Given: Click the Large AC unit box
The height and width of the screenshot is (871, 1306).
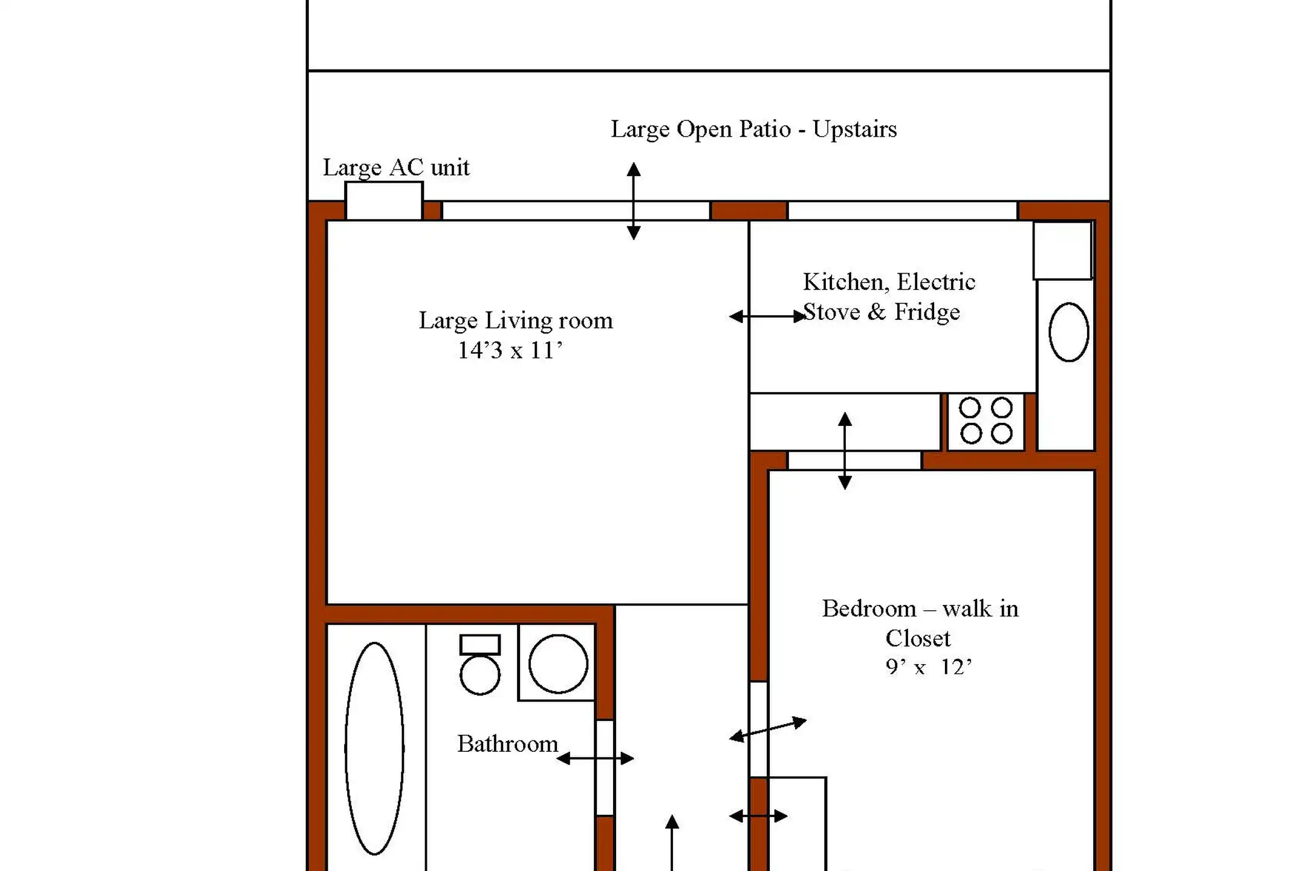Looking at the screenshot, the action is point(383,201).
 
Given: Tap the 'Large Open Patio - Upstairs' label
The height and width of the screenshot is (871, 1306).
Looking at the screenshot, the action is point(753,129).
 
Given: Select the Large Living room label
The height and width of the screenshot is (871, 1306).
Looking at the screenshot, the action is point(516,321).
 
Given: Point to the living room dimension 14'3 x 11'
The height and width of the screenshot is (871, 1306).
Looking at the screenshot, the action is point(510,350).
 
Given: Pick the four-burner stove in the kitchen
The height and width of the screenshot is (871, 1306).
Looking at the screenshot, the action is point(986,421).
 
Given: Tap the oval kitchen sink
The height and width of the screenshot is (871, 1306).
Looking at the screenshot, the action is point(1069,332).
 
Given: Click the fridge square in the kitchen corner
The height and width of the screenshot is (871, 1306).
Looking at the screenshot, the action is point(1062,251).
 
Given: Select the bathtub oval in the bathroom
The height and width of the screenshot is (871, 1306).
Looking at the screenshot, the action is point(374,748).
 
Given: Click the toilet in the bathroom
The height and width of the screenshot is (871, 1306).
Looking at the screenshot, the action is point(480,664).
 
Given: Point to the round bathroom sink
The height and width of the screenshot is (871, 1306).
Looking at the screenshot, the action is point(558,664).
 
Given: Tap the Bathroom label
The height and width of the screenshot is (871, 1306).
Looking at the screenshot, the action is point(507,743).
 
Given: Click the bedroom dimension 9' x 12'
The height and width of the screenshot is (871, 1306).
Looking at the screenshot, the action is point(929,667).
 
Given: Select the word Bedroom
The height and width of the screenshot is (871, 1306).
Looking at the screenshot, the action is point(869,608).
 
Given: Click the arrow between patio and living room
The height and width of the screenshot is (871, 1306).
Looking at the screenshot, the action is point(634,201).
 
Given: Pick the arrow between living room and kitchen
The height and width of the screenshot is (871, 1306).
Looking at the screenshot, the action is point(768,316).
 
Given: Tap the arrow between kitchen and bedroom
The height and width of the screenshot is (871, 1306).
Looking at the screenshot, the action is point(845,451).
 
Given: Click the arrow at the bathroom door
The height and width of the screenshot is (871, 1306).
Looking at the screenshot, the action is point(596,758).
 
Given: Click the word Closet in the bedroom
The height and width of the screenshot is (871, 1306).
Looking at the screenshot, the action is point(918,638).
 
